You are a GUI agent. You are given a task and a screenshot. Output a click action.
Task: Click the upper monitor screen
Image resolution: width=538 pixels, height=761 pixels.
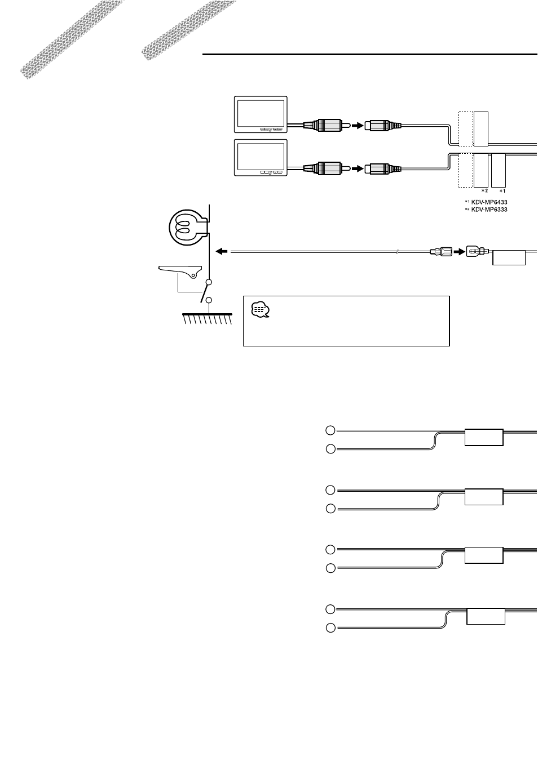pos(261,114)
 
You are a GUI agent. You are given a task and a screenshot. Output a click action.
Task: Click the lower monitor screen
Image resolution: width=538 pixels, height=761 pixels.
pos(261,158)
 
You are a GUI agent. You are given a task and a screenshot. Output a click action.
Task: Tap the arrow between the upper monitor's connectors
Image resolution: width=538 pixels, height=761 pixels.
pos(358,126)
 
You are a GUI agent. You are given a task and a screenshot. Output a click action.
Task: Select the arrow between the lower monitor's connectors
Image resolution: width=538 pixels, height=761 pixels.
pos(358,168)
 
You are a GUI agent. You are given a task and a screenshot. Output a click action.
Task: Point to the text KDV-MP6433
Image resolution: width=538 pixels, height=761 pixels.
pos(489,202)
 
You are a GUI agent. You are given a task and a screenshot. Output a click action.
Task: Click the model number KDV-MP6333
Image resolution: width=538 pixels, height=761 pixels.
pos(489,210)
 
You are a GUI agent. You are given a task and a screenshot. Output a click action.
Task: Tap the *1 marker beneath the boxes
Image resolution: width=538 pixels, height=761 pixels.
pos(502,192)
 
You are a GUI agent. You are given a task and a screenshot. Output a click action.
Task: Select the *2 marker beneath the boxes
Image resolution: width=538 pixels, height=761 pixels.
pos(484,191)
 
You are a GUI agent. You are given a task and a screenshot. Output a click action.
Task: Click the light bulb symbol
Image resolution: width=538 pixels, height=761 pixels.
pos(188,226)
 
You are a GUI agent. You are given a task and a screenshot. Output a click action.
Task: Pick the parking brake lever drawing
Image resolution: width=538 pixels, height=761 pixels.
pos(180,272)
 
